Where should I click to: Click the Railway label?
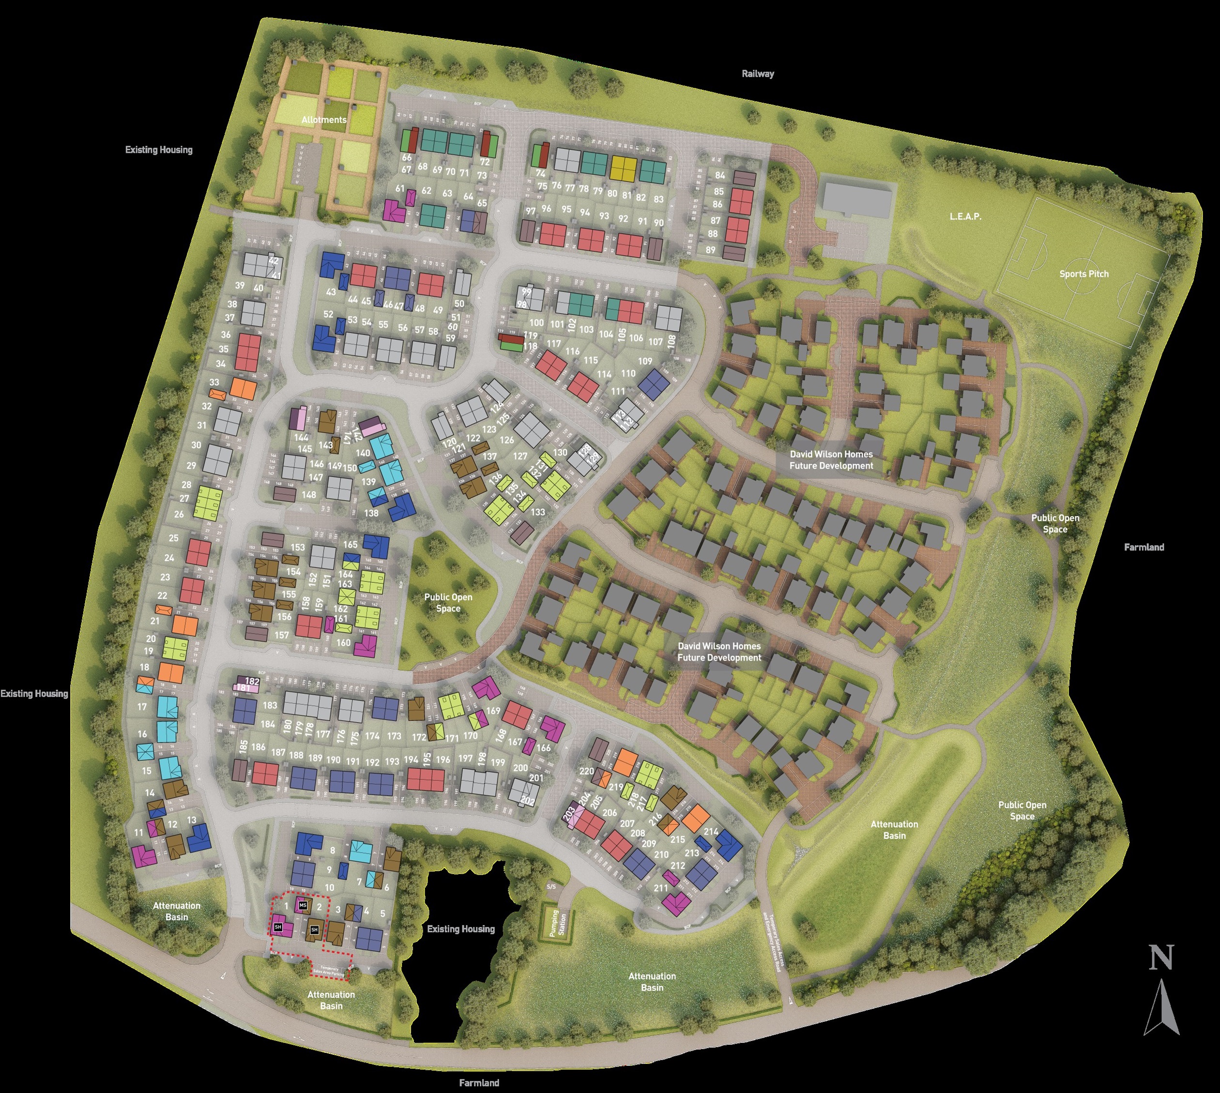758,74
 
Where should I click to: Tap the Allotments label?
324,120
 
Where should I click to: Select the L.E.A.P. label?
965,216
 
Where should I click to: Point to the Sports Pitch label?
1083,274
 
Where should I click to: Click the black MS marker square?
303,905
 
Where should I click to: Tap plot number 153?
298,547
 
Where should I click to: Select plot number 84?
719,175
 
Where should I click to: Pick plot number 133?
537,512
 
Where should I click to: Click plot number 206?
610,813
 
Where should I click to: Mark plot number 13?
192,820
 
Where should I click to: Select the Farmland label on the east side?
1144,547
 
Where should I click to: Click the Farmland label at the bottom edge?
479,1083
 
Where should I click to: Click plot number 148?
309,495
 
